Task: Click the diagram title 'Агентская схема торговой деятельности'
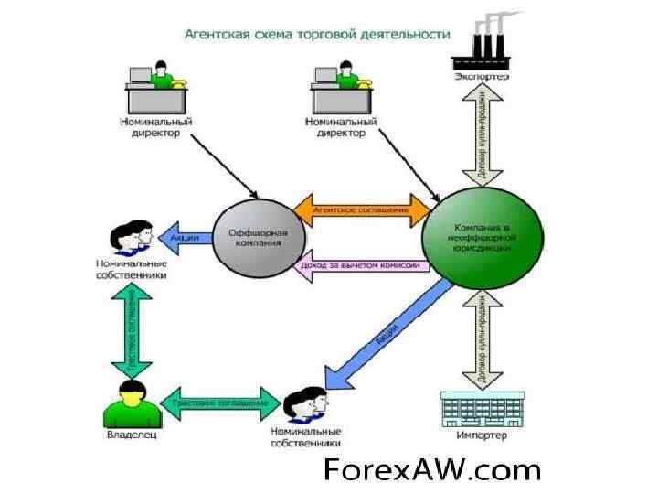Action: click(x=318, y=34)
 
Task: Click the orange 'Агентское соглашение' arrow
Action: click(x=360, y=209)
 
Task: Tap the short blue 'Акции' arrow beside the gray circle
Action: click(x=186, y=237)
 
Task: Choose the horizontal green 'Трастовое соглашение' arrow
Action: click(x=220, y=403)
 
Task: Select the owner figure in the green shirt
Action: click(x=133, y=404)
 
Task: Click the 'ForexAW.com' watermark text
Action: click(x=432, y=470)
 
